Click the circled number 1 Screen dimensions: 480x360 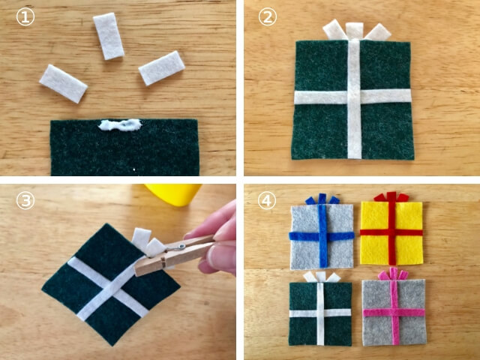25,17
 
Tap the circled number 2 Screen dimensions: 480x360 268,16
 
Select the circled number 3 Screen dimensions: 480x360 25,200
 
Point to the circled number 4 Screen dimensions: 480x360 267,200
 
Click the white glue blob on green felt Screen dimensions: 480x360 120,124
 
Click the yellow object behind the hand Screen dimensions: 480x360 173,194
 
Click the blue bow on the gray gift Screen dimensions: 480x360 322,199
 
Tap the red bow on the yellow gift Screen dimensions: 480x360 391,196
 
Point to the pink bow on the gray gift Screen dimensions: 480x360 393,274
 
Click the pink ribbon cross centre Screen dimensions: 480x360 394,313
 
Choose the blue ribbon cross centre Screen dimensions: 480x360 322,236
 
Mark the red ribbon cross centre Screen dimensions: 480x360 391,232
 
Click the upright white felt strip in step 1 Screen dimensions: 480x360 108,36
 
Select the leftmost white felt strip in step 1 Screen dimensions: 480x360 63,83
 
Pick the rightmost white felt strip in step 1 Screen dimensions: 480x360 162,68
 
